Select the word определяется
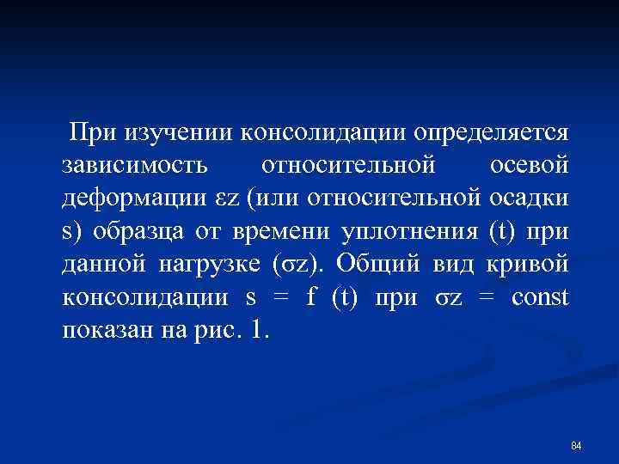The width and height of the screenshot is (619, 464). point(490,132)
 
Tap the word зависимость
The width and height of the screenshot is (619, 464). point(134,166)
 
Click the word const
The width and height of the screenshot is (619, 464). point(540,298)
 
